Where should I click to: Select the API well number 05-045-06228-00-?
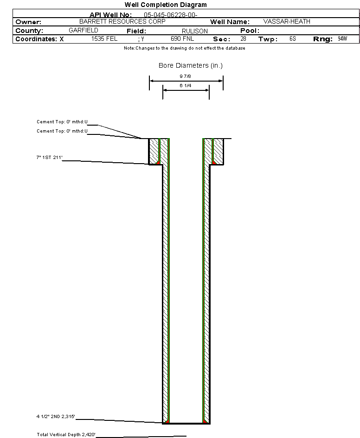click(171, 15)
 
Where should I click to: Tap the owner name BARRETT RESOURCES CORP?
click(122, 21)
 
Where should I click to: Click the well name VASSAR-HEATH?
click(287, 21)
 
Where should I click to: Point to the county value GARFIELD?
click(84, 30)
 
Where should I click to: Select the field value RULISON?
click(195, 31)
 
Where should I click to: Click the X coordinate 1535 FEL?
click(104, 39)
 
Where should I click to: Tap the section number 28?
click(243, 39)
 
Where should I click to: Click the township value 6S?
click(292, 39)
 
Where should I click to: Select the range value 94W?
click(342, 39)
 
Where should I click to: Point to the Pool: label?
click(250, 31)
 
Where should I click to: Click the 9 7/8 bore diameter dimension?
click(186, 76)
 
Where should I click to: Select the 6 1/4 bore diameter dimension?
click(186, 86)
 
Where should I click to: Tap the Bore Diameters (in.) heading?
click(191, 65)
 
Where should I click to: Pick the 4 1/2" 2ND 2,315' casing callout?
click(56, 418)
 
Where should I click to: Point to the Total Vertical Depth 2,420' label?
click(66, 435)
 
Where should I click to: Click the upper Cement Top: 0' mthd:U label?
click(62, 122)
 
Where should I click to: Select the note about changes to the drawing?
click(185, 48)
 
